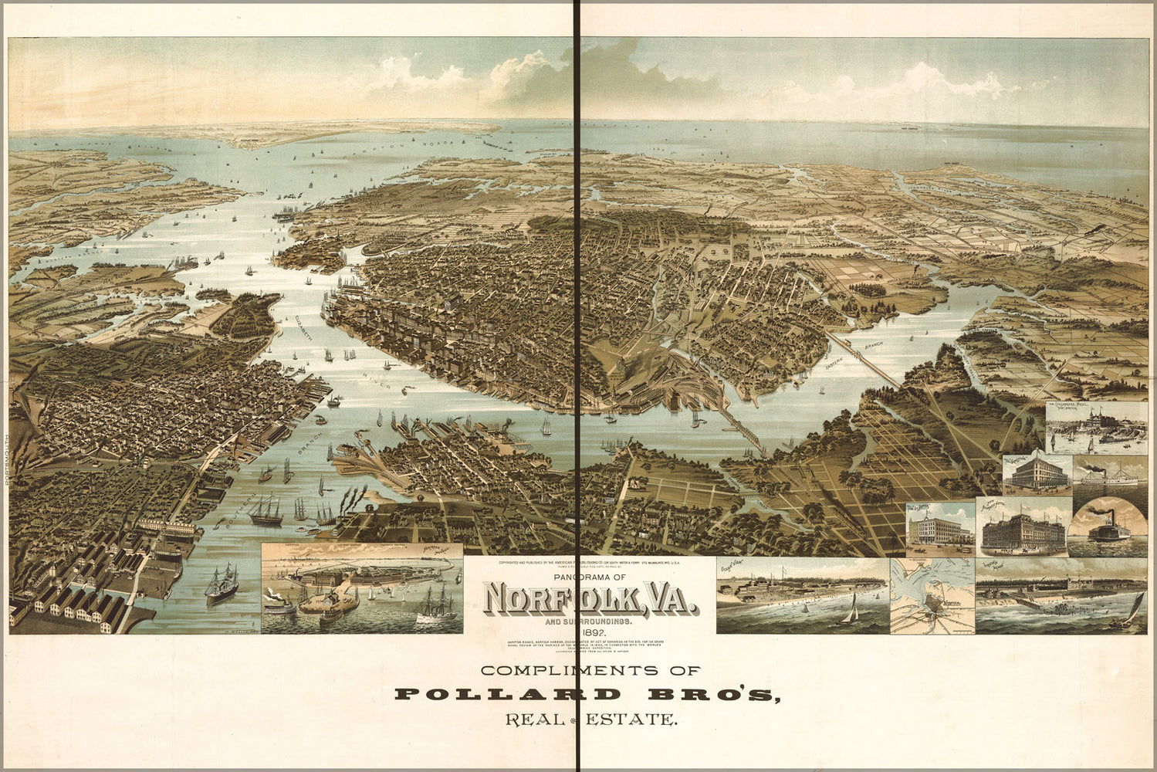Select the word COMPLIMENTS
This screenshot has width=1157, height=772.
pos(590,671)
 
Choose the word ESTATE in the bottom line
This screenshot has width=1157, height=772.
pos(631,720)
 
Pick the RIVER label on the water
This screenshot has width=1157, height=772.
pos(380,380)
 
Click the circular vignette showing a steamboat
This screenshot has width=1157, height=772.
pos(1108,527)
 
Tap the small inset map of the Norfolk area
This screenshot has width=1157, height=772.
pos(932,596)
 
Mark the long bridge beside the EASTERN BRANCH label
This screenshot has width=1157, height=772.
pos(868,363)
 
